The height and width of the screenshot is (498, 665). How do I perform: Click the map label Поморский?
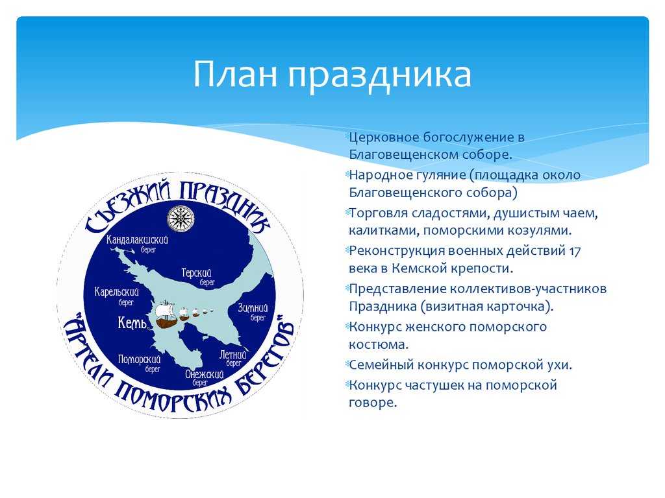tap(140, 359)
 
